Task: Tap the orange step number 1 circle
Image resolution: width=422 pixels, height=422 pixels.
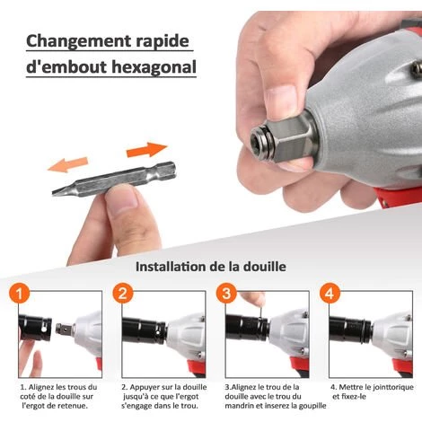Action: pyautogui.click(x=20, y=295)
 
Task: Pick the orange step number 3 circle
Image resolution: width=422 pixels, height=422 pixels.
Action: pyautogui.click(x=226, y=295)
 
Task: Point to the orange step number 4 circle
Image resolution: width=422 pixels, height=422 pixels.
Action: pyautogui.click(x=330, y=295)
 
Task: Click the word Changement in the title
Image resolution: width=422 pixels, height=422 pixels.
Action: pyautogui.click(x=75, y=40)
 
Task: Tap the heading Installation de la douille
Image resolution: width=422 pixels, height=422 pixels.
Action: pyautogui.click(x=211, y=267)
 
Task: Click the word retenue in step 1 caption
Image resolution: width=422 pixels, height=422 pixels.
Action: pyautogui.click(x=75, y=403)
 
